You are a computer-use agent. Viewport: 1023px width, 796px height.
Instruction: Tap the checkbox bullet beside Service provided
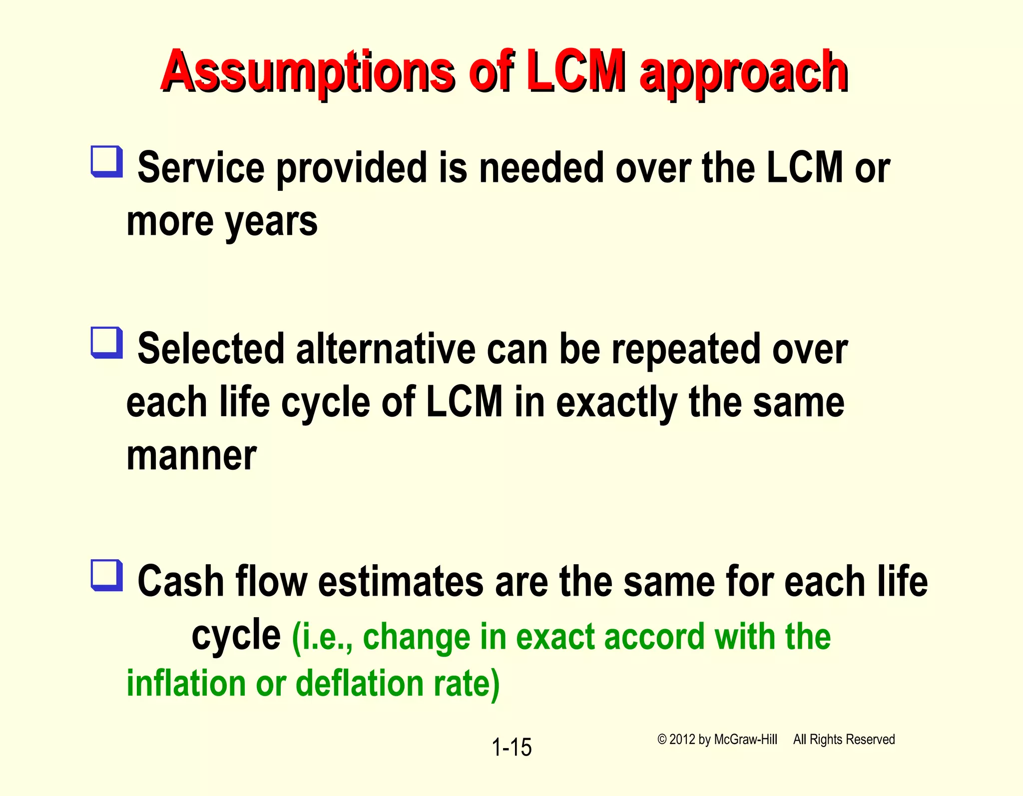106,161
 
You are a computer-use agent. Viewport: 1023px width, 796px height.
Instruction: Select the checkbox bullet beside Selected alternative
106,342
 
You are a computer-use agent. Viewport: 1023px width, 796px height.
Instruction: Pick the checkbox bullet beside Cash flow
106,575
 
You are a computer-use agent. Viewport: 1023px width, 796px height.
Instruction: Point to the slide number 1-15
511,748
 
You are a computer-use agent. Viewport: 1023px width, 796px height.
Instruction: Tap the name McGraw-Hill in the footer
745,740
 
